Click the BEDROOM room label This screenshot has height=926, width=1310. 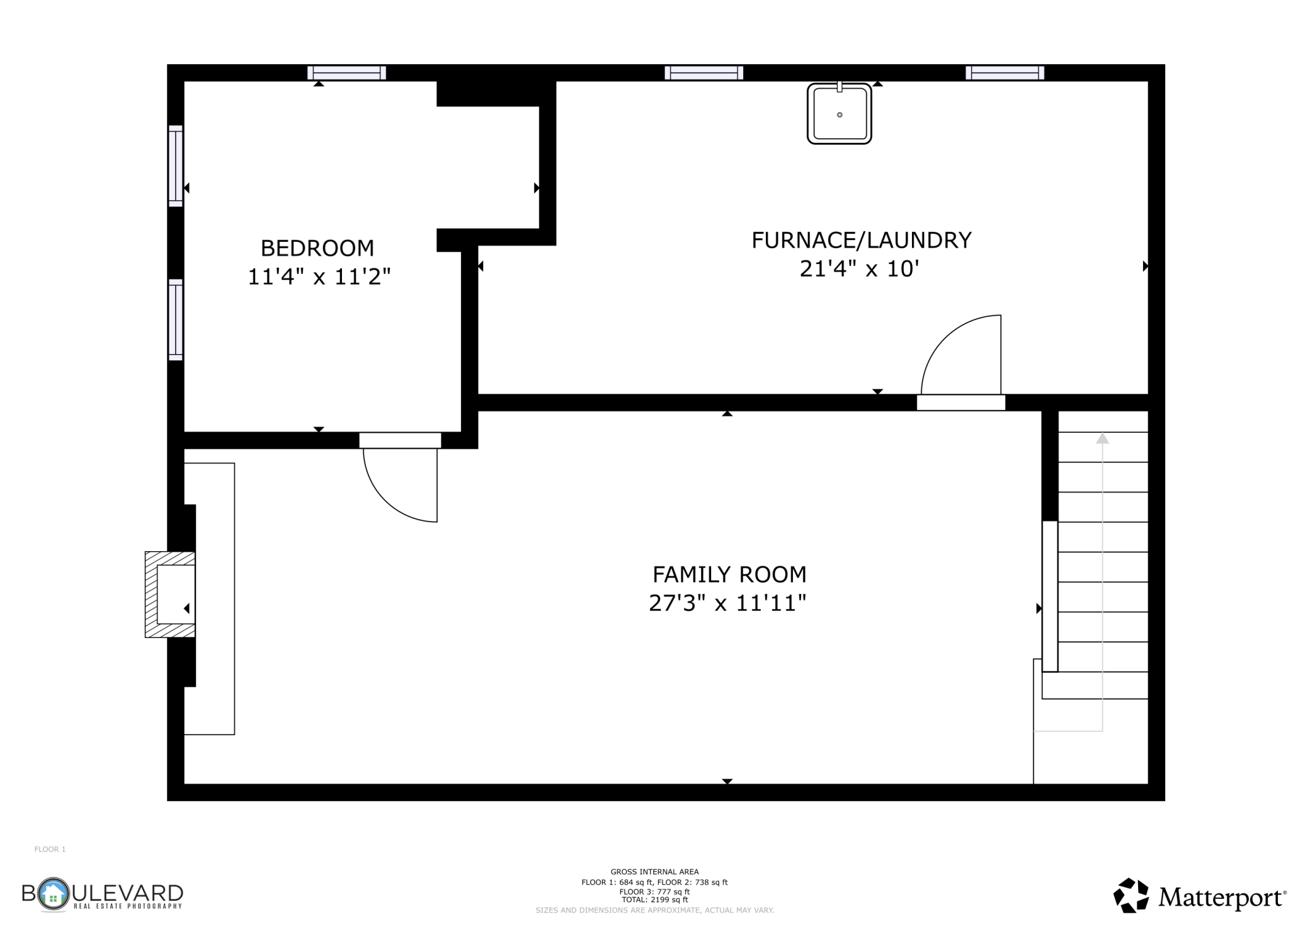pos(317,248)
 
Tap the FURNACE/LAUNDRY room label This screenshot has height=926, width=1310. pos(862,240)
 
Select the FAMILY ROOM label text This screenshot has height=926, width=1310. pos(729,574)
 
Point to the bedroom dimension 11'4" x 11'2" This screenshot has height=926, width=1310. pos(319,277)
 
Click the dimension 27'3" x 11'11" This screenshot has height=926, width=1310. pos(727,603)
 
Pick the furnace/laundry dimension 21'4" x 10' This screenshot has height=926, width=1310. pos(860,269)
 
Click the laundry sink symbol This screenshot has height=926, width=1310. pos(840,113)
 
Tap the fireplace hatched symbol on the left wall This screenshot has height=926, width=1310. pos(170,595)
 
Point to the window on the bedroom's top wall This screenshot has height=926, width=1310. pos(346,73)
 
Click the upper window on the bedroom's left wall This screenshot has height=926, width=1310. pos(176,166)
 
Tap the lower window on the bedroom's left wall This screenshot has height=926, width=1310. pos(176,320)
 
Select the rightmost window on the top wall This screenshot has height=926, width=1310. pos(1005,73)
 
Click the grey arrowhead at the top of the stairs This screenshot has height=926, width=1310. pos(1102,438)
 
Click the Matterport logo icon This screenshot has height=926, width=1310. pos(1131,895)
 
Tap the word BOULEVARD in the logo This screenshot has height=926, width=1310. pos(103,893)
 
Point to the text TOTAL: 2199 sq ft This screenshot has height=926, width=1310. pos(654,900)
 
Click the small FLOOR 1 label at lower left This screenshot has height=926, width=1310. pos(50,849)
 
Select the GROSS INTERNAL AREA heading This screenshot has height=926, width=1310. pos(654,872)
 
